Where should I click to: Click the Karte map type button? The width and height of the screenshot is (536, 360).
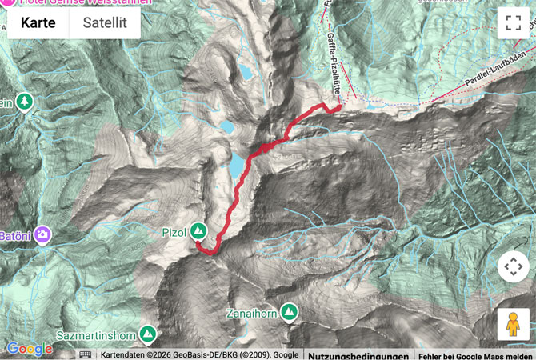pos(38,22)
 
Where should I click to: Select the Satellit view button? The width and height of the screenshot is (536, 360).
pos(105,22)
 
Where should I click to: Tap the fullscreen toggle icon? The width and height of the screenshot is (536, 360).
pos(513,22)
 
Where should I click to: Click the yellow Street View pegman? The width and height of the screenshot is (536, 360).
pos(513,324)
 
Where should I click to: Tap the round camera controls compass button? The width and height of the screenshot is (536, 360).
pos(513,266)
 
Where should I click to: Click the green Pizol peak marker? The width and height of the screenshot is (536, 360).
pos(198,232)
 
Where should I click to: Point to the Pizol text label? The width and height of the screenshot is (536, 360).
pos(174,233)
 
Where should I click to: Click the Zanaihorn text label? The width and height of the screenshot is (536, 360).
pos(250,314)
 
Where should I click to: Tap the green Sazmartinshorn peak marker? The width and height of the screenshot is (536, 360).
pos(147,333)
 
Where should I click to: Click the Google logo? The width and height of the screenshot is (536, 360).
pos(29,349)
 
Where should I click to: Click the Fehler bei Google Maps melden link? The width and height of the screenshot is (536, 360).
pos(474,354)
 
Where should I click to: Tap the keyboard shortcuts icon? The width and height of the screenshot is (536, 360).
pos(86,354)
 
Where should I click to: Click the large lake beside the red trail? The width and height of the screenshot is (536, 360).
pos(238,166)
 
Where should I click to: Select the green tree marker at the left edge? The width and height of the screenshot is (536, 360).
pos(25,102)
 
